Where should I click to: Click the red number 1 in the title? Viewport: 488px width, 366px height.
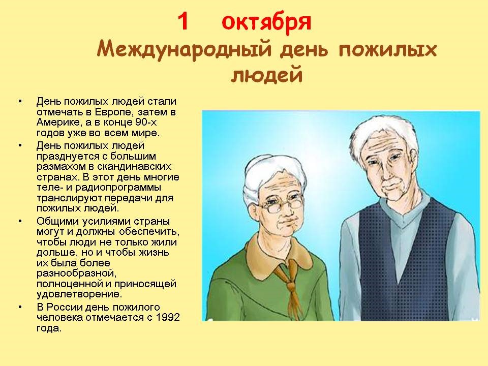(183, 22)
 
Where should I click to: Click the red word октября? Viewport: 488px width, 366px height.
(266, 23)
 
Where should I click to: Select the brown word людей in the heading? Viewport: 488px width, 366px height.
(267, 75)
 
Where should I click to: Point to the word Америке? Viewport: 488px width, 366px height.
(56, 122)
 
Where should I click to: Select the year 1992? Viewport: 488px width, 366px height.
(168, 317)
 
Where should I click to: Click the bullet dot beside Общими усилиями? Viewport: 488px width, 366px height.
(20, 221)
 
